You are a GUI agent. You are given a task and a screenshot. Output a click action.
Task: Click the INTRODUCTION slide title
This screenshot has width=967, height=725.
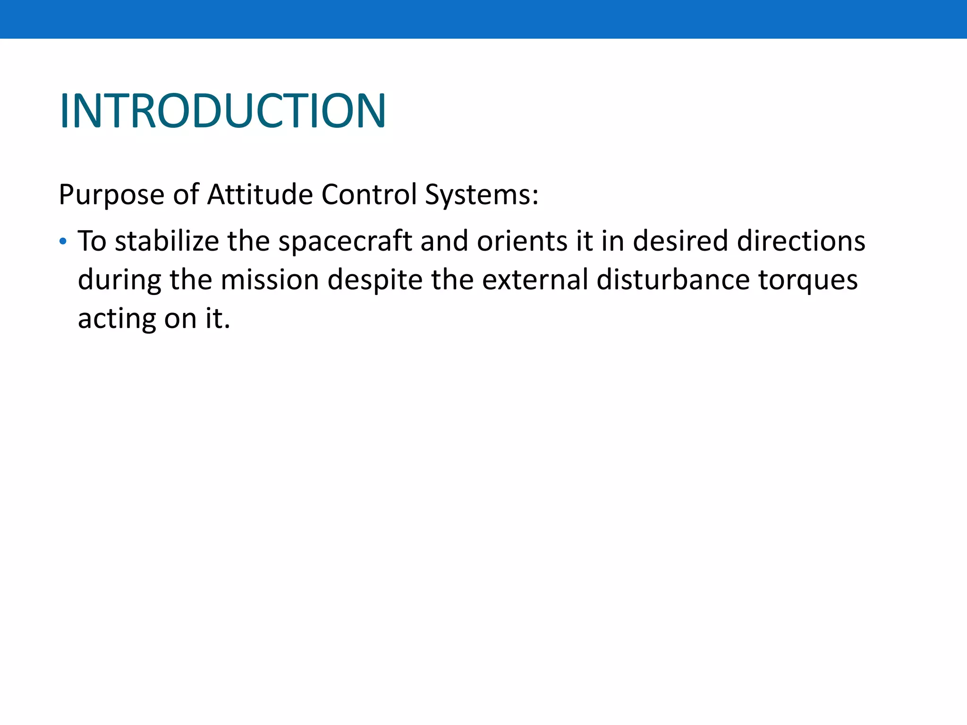223,111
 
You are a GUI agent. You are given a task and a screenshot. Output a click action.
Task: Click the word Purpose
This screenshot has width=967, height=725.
111,194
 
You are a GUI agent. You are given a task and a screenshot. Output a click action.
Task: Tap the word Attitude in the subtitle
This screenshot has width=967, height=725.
260,194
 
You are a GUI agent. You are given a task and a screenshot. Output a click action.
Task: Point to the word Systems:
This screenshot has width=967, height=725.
482,194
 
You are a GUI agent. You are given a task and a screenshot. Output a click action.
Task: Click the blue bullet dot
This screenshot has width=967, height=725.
63,242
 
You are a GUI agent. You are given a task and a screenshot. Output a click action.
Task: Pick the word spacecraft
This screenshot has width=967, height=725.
345,241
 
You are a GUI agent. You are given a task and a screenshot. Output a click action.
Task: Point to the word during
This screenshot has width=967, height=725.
119,280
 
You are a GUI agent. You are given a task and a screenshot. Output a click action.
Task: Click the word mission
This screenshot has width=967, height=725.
270,280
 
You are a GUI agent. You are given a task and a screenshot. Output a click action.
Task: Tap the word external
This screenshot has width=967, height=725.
534,280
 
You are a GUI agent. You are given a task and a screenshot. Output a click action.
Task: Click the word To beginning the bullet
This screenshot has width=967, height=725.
92,241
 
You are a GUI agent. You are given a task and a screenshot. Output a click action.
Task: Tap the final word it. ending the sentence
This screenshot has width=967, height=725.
218,319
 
